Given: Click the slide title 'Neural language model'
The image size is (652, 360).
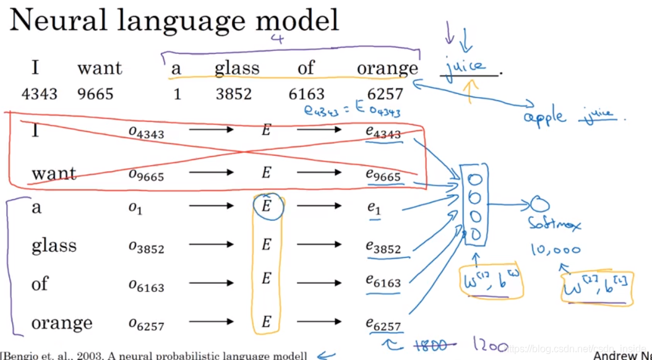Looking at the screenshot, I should click(x=174, y=20).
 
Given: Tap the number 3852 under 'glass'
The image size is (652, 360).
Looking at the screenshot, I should click(x=234, y=93).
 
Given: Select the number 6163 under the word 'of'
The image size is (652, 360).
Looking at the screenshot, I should click(x=306, y=93).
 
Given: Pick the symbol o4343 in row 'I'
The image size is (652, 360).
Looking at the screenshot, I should click(x=146, y=131).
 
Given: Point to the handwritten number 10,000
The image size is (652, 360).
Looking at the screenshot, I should click(x=555, y=250).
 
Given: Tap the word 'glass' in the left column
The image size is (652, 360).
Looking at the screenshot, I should click(x=54, y=246).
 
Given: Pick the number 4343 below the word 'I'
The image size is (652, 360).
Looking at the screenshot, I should click(x=39, y=93).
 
